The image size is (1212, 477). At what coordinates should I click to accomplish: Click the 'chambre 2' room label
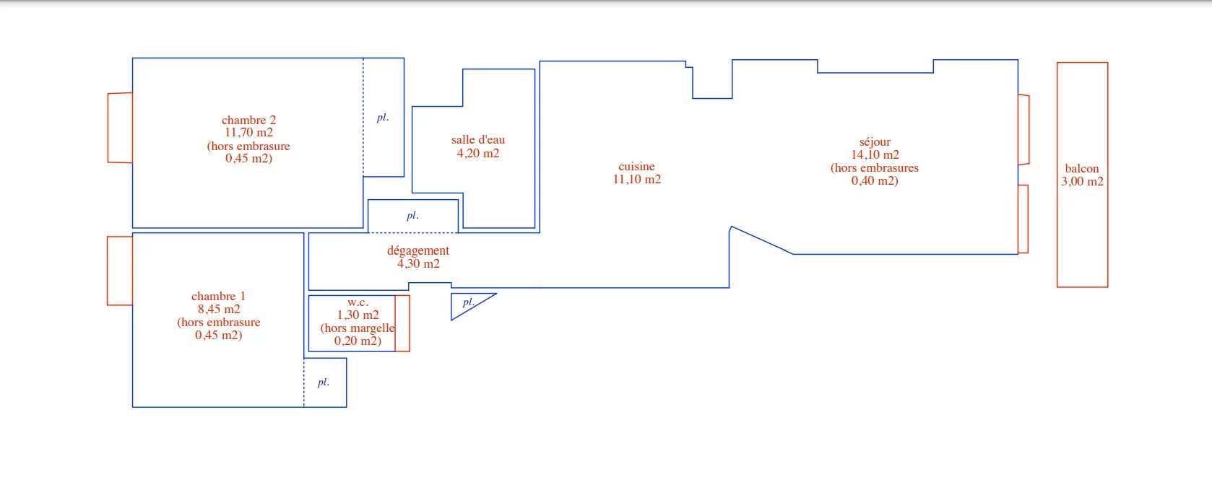(x=249, y=120)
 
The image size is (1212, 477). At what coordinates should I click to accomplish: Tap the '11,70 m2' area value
(x=249, y=133)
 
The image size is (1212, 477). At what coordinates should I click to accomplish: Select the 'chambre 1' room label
(x=219, y=297)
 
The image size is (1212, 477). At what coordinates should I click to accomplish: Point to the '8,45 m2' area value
(x=219, y=310)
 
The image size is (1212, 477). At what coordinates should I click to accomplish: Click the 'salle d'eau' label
(x=478, y=139)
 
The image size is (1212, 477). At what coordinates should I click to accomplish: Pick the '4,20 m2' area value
(x=478, y=153)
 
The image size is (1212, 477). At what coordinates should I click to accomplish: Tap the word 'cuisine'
(x=637, y=167)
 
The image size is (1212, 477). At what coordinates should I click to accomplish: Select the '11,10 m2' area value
(x=637, y=180)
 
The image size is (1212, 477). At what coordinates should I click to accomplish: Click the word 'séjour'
(x=875, y=142)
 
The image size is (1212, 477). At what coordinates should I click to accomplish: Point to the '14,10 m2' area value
(x=875, y=154)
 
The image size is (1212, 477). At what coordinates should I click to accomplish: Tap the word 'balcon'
(x=1082, y=169)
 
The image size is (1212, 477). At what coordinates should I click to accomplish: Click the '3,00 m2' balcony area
(x=1082, y=182)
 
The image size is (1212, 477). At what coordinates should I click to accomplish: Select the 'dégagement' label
(x=418, y=251)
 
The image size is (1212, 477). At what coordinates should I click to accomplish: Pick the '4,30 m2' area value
(x=418, y=264)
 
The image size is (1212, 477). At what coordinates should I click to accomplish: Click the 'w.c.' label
(x=358, y=302)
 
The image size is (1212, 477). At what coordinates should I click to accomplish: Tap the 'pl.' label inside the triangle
(x=469, y=302)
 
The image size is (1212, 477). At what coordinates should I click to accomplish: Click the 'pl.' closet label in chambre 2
(x=383, y=118)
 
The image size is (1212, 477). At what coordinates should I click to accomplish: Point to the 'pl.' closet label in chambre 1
(x=324, y=382)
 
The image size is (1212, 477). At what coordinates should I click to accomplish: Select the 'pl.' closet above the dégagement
(x=413, y=216)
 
